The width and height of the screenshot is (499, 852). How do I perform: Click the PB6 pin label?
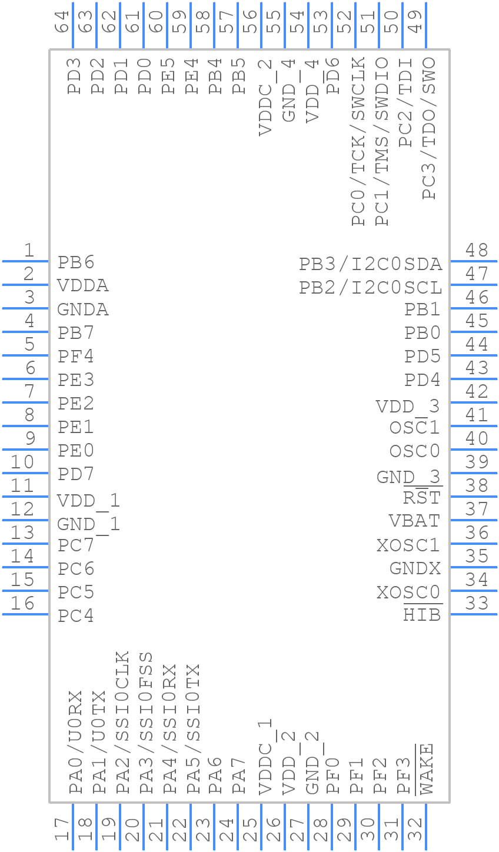tap(76, 262)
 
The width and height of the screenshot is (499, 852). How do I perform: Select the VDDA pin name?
tap(83, 286)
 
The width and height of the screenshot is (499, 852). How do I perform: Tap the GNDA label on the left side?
tap(83, 309)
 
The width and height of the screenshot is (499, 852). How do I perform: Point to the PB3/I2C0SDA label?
tap(370, 264)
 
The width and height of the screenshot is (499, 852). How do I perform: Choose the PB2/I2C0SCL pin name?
tap(370, 288)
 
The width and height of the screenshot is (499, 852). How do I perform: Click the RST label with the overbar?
tap(422, 498)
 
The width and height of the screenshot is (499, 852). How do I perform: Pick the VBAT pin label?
tap(414, 521)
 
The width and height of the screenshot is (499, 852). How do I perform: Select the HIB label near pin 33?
tap(422, 615)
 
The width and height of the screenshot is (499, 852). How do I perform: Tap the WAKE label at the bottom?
tap(425, 768)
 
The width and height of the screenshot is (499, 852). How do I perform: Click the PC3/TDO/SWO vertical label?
tap(429, 128)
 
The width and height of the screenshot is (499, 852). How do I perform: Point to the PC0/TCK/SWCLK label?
tap(358, 141)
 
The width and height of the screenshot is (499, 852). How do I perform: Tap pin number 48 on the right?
tap(477, 251)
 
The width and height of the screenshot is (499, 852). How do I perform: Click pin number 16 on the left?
tap(22, 604)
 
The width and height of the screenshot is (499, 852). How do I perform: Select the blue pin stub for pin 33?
tap(474, 614)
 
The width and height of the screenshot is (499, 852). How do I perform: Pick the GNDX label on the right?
tap(415, 568)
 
